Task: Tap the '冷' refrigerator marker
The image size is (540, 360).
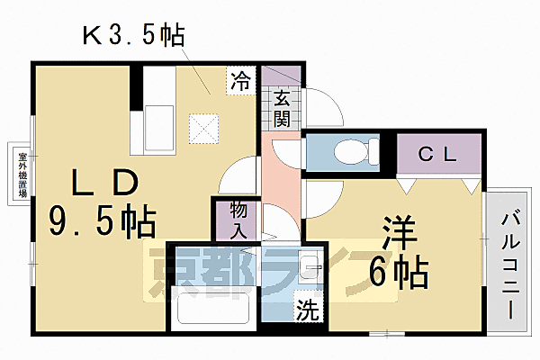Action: coord(240,79)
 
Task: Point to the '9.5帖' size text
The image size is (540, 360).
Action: coord(103,220)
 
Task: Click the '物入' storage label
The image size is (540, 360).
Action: coord(238,218)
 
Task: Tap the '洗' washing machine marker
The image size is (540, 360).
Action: coord(308,310)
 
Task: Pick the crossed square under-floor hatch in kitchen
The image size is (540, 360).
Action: coord(204,127)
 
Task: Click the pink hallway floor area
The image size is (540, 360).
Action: coord(281,180)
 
